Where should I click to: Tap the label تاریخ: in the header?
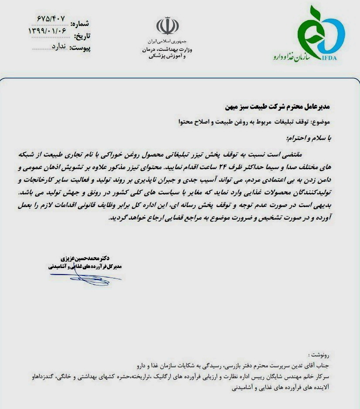point(82,35)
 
